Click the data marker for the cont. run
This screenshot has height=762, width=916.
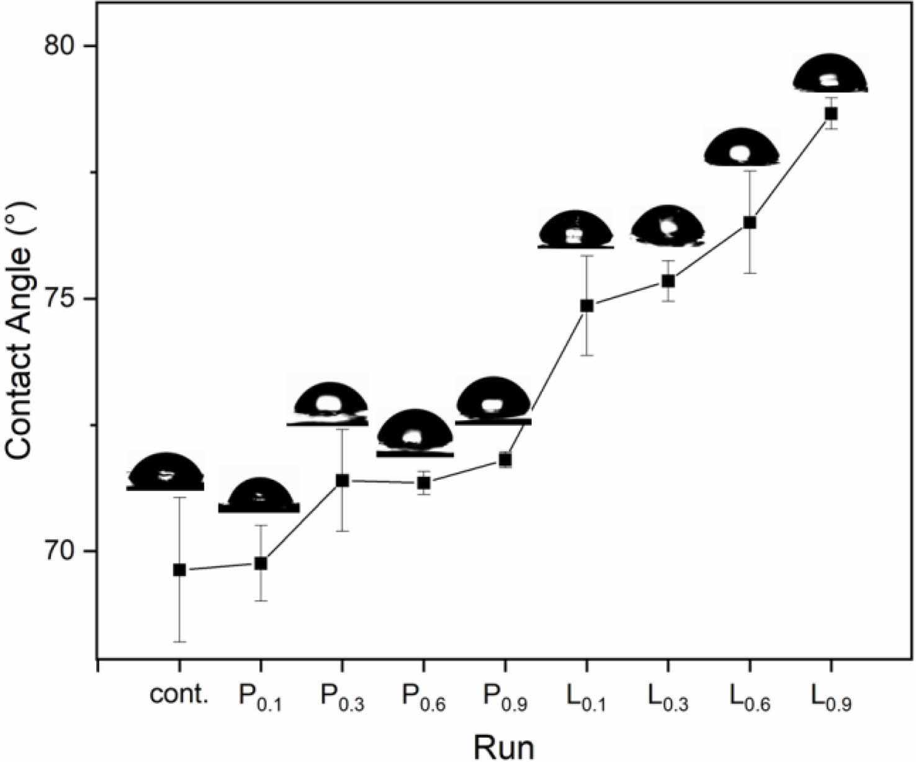tap(179, 570)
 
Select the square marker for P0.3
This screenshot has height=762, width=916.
tap(342, 480)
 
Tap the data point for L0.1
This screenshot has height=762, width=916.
tap(586, 305)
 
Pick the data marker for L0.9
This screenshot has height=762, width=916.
tap(831, 114)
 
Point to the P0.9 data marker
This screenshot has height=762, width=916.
tap(505, 460)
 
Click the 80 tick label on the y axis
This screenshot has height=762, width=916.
tap(63, 47)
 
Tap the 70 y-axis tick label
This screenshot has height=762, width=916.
tap(63, 551)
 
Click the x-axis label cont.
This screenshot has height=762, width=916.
tap(179, 694)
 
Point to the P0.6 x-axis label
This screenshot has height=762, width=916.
tap(424, 697)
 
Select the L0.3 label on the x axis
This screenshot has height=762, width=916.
tap(668, 697)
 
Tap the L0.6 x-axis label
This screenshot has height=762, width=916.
tap(750, 697)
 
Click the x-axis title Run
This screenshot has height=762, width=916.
tap(504, 746)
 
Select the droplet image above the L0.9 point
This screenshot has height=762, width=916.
tap(830, 74)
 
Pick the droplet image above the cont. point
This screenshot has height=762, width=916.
tap(166, 472)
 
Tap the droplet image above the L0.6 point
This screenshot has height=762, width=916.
tap(742, 147)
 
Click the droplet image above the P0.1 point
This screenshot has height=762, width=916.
tap(259, 495)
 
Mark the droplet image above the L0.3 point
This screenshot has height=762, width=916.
tap(668, 225)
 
